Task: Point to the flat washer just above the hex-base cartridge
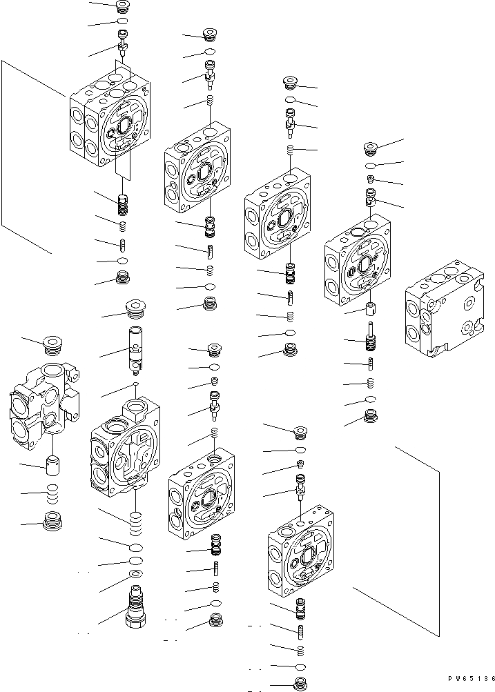136,575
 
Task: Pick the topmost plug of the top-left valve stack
123,7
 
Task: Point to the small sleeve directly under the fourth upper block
371,308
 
